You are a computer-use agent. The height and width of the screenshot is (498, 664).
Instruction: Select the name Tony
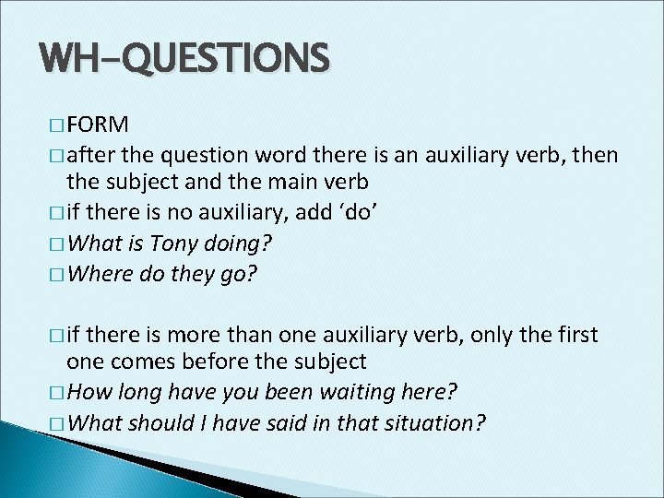point(172,246)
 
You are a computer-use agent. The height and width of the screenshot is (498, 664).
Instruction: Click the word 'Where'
point(100,274)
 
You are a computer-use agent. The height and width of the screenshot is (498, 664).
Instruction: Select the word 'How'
point(88,394)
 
